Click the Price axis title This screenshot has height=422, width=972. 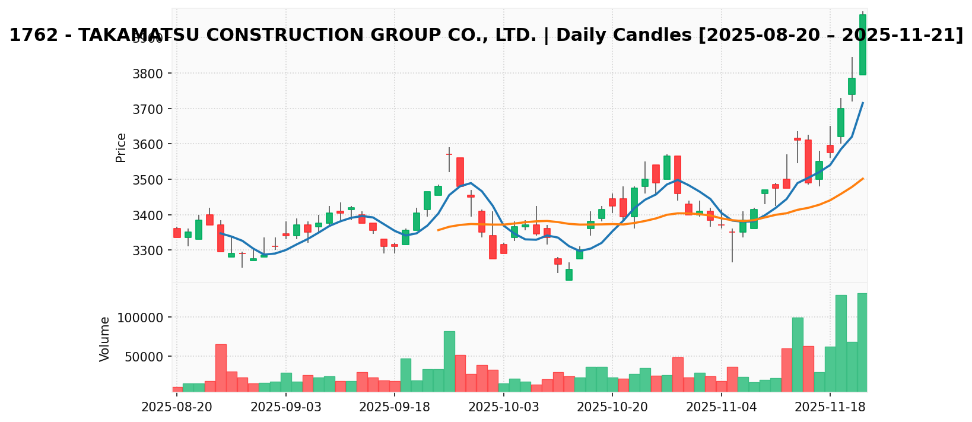(x=121, y=147)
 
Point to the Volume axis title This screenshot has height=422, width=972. (x=105, y=339)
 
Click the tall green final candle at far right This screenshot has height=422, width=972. (x=862, y=45)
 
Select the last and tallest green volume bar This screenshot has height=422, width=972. (x=862, y=342)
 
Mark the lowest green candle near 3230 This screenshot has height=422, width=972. (x=568, y=274)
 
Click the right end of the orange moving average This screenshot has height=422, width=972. (x=863, y=178)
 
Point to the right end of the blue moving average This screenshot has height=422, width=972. (x=863, y=103)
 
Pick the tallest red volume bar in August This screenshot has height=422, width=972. (x=221, y=368)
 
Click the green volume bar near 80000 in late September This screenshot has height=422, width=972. (x=449, y=361)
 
